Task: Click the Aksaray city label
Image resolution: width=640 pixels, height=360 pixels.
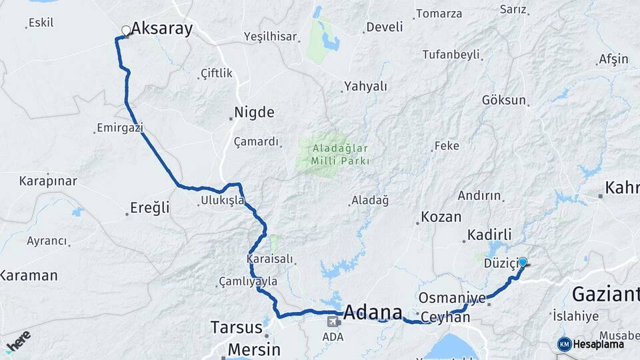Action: point(162,28)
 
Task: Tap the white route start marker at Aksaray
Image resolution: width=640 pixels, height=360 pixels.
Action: point(126,30)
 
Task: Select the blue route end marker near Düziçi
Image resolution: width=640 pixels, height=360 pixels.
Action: point(523,262)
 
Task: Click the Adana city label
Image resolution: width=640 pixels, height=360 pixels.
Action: point(373,313)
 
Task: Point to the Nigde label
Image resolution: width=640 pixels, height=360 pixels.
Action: point(254,112)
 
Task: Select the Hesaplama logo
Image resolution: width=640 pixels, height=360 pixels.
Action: point(591,344)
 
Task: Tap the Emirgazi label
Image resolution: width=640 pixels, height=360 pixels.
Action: point(120,127)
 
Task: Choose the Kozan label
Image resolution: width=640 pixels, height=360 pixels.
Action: point(441,217)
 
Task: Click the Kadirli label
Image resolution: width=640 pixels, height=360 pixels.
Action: point(489,235)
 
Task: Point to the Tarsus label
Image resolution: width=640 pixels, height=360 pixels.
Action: point(236,327)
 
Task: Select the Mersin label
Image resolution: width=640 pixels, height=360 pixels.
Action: point(253,349)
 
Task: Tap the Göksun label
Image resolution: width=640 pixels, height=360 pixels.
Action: point(504,100)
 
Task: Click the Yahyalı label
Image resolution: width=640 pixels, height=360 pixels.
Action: point(365,86)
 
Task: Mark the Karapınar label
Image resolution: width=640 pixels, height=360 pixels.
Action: point(48,181)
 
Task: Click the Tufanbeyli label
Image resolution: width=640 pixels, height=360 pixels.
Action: point(451,54)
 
